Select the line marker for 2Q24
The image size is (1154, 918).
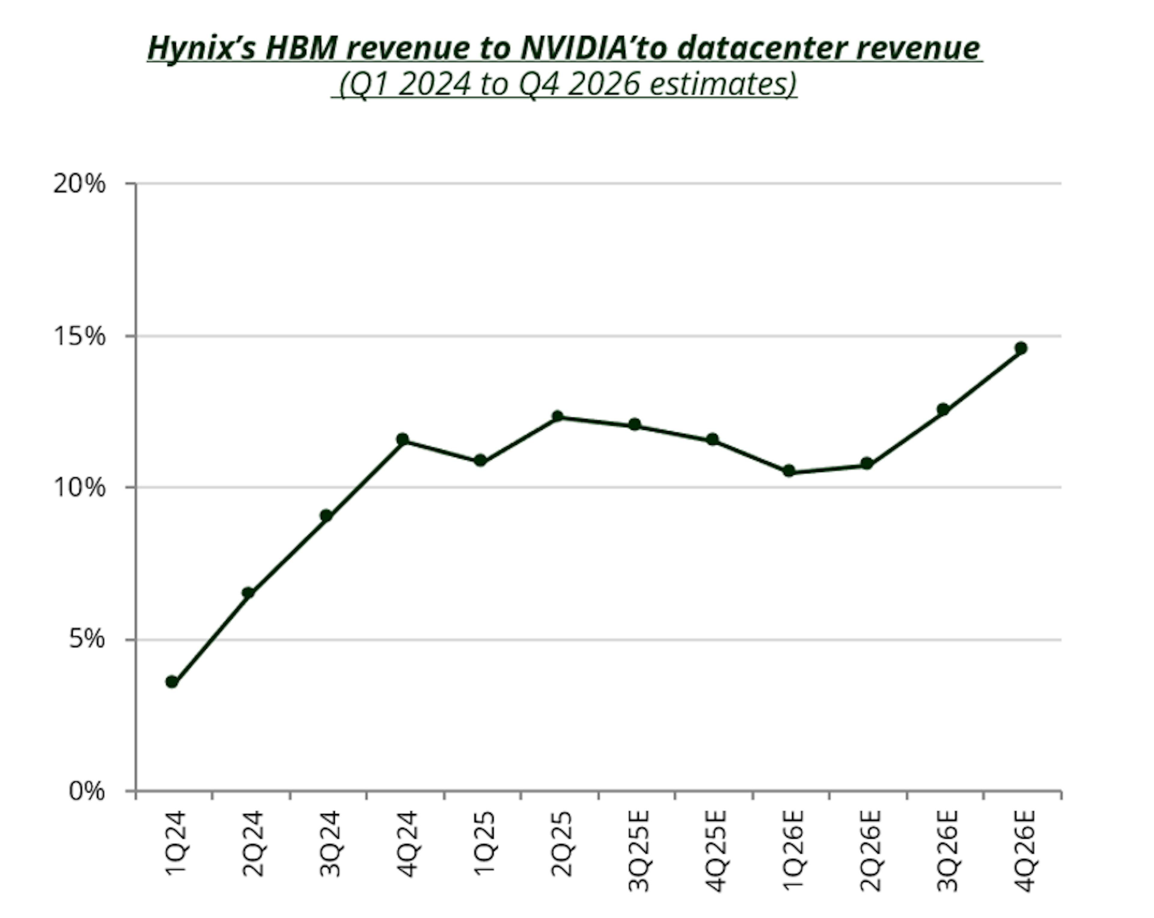click(x=248, y=592)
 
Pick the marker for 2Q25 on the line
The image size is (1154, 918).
click(x=557, y=416)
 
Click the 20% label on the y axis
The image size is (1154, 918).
click(x=79, y=184)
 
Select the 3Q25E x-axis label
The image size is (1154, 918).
click(x=639, y=850)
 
